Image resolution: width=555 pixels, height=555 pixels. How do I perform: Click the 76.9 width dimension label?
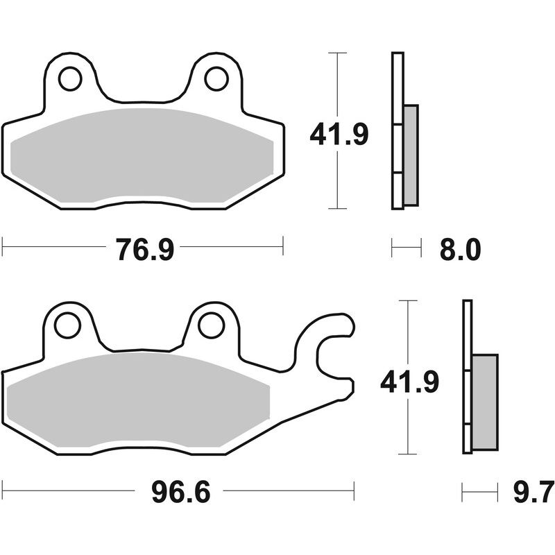coord(144,248)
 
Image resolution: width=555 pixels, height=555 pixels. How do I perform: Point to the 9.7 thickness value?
coord(533,494)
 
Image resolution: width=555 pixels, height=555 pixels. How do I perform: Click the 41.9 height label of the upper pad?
coord(339,134)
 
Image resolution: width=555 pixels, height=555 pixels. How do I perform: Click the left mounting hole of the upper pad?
coord(70,79)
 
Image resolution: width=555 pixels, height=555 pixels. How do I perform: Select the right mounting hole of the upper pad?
coord(218,78)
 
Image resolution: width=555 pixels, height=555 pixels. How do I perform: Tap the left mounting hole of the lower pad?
coord(68,325)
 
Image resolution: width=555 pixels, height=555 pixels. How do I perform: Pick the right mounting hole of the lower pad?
coord(210,325)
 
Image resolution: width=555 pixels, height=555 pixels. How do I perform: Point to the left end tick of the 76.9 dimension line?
coord(3,245)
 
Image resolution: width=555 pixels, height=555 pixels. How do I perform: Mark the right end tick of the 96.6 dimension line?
coord(354,490)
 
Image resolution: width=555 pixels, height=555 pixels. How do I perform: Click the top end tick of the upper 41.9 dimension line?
coord(336,53)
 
